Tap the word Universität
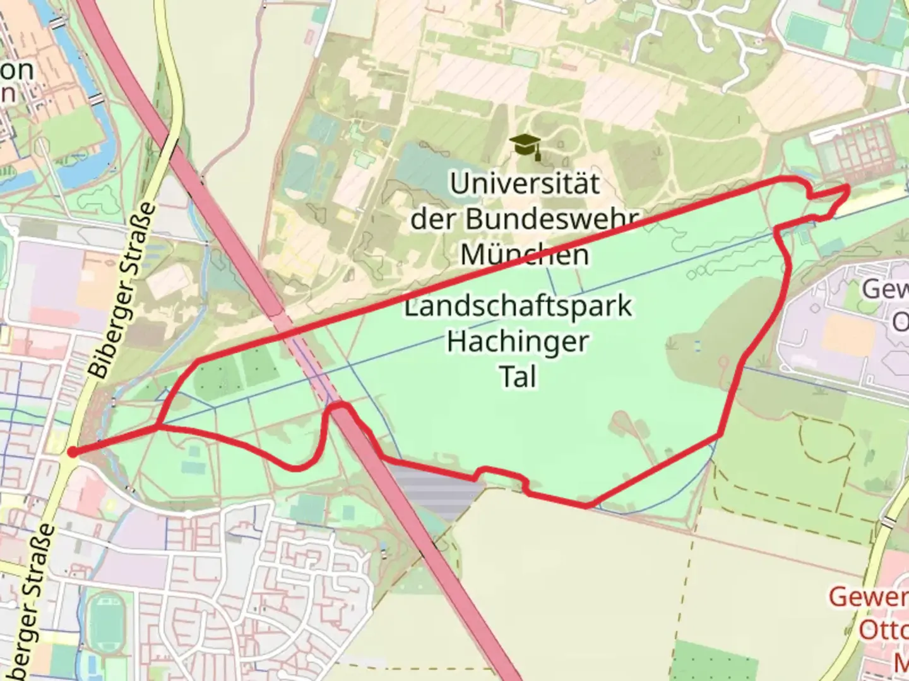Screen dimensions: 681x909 click(524, 184)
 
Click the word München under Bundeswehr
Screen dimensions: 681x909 click(524, 255)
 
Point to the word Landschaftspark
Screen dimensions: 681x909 click(518, 307)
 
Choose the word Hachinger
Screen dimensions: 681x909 click(518, 342)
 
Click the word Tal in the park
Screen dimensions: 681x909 click(518, 377)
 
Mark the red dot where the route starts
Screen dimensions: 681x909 click(73, 451)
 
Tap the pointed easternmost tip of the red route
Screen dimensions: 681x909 click(848, 187)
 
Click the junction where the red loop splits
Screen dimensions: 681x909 click(158, 427)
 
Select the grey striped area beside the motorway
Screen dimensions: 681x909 click(436, 492)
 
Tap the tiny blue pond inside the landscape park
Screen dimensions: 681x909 click(698, 345)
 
